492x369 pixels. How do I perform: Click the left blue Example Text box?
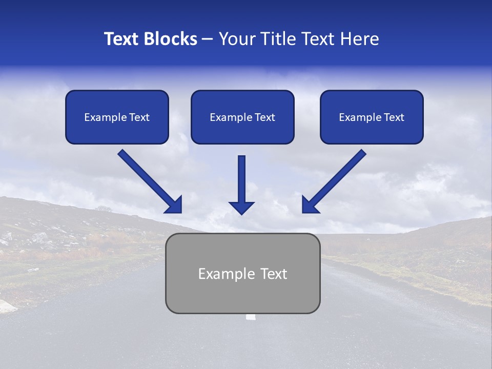[x=117, y=117]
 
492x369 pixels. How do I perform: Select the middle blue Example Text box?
[x=242, y=117]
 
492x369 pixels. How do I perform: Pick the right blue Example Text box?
[x=372, y=117]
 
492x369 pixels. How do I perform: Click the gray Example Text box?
[x=242, y=273]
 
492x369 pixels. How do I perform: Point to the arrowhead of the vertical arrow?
[x=241, y=207]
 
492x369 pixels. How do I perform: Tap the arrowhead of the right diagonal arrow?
[x=310, y=205]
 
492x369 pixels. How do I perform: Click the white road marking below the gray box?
[x=251, y=317]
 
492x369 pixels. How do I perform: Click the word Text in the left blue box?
[x=139, y=117]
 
